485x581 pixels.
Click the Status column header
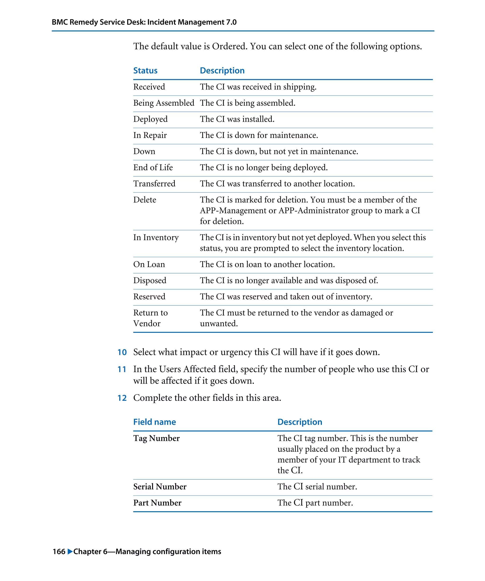tap(145, 70)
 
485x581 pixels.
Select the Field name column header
tap(154, 422)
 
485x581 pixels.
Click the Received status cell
tap(149, 87)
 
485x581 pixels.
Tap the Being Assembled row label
tap(163, 103)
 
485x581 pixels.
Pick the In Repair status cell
tap(150, 135)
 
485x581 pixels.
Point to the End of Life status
tap(153, 167)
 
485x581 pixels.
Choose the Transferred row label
tap(154, 184)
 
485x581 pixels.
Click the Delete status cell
tap(145, 200)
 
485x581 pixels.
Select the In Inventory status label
tap(156, 237)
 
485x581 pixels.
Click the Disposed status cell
tap(150, 281)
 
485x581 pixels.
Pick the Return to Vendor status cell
tap(150, 318)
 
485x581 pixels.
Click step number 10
tap(122, 352)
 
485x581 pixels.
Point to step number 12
tap(122, 398)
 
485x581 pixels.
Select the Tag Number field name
tap(156, 438)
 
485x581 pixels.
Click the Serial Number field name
tap(160, 487)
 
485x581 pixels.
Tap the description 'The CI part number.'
tap(315, 503)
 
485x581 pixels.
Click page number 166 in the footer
tap(59, 552)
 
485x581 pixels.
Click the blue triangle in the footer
tap(70, 551)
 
